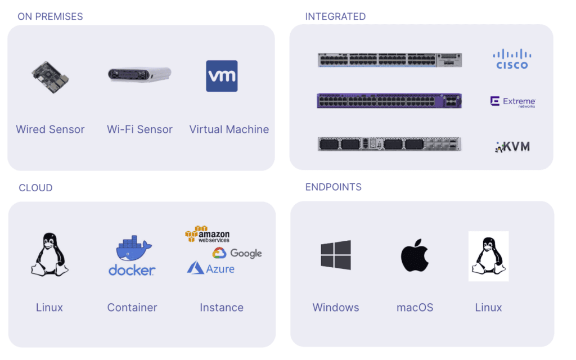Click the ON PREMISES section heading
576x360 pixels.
point(50,16)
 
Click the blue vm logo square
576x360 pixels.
point(222,76)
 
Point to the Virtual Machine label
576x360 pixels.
point(229,129)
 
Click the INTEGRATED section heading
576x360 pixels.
point(335,16)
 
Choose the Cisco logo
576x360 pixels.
point(512,59)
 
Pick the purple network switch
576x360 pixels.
point(389,101)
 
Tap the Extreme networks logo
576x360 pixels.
point(512,102)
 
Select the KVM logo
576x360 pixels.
point(512,147)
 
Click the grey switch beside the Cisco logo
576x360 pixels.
point(389,60)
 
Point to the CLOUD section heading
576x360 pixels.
point(35,188)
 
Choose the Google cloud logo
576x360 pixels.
point(237,254)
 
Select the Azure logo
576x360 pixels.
point(211,268)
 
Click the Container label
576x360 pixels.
point(132,308)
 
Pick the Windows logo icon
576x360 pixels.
point(336,255)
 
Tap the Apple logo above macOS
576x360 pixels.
point(415,255)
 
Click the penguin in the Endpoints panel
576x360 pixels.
point(488,256)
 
